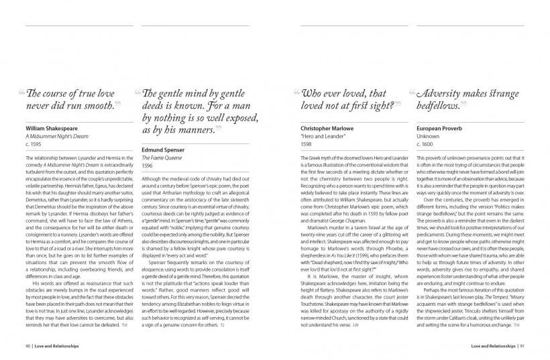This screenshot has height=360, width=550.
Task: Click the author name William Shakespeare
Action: click(51, 126)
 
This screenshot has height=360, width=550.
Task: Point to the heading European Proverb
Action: click(441, 126)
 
